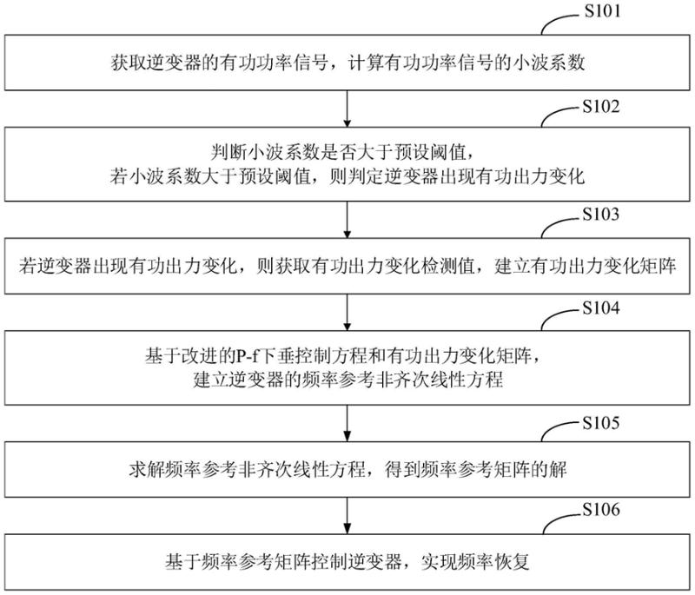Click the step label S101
point(603,14)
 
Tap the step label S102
point(603,109)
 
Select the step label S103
point(603,212)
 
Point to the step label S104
point(603,311)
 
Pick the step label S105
point(603,424)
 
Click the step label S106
point(603,510)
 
